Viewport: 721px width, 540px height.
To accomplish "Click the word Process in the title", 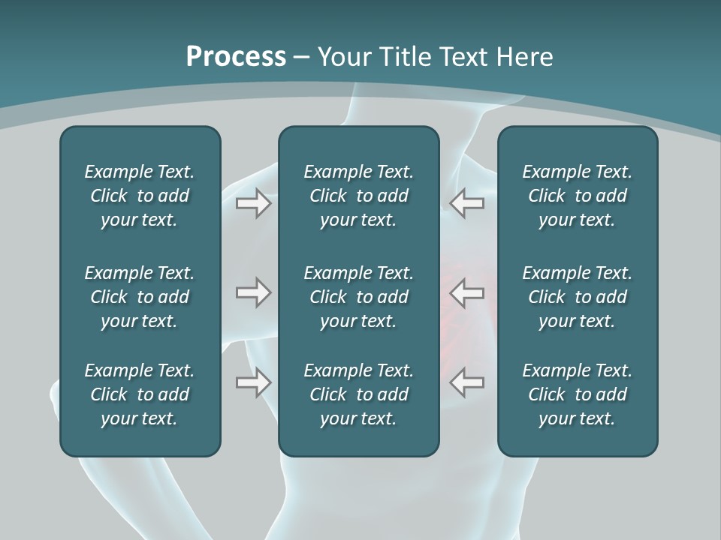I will (236, 57).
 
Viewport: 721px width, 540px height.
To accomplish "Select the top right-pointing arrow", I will (254, 203).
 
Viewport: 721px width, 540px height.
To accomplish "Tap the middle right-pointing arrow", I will (254, 292).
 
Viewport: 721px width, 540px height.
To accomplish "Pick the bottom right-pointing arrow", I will (254, 382).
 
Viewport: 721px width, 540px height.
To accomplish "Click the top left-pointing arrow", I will (466, 203).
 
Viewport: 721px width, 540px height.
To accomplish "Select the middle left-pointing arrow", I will (466, 292).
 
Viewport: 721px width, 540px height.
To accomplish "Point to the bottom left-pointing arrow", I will (466, 382).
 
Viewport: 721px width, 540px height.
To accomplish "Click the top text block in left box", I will (140, 196).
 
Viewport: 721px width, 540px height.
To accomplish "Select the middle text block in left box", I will (140, 297).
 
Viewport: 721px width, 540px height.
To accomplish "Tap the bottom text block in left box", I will (140, 394).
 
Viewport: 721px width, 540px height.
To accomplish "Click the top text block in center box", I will (358, 196).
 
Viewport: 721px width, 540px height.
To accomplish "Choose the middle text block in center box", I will (358, 297).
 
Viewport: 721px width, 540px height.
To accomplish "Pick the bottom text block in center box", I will (358, 394).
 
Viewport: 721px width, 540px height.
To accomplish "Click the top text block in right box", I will (577, 196).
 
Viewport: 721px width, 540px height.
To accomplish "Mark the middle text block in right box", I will (577, 297).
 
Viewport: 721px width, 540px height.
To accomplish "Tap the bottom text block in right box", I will (577, 394).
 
